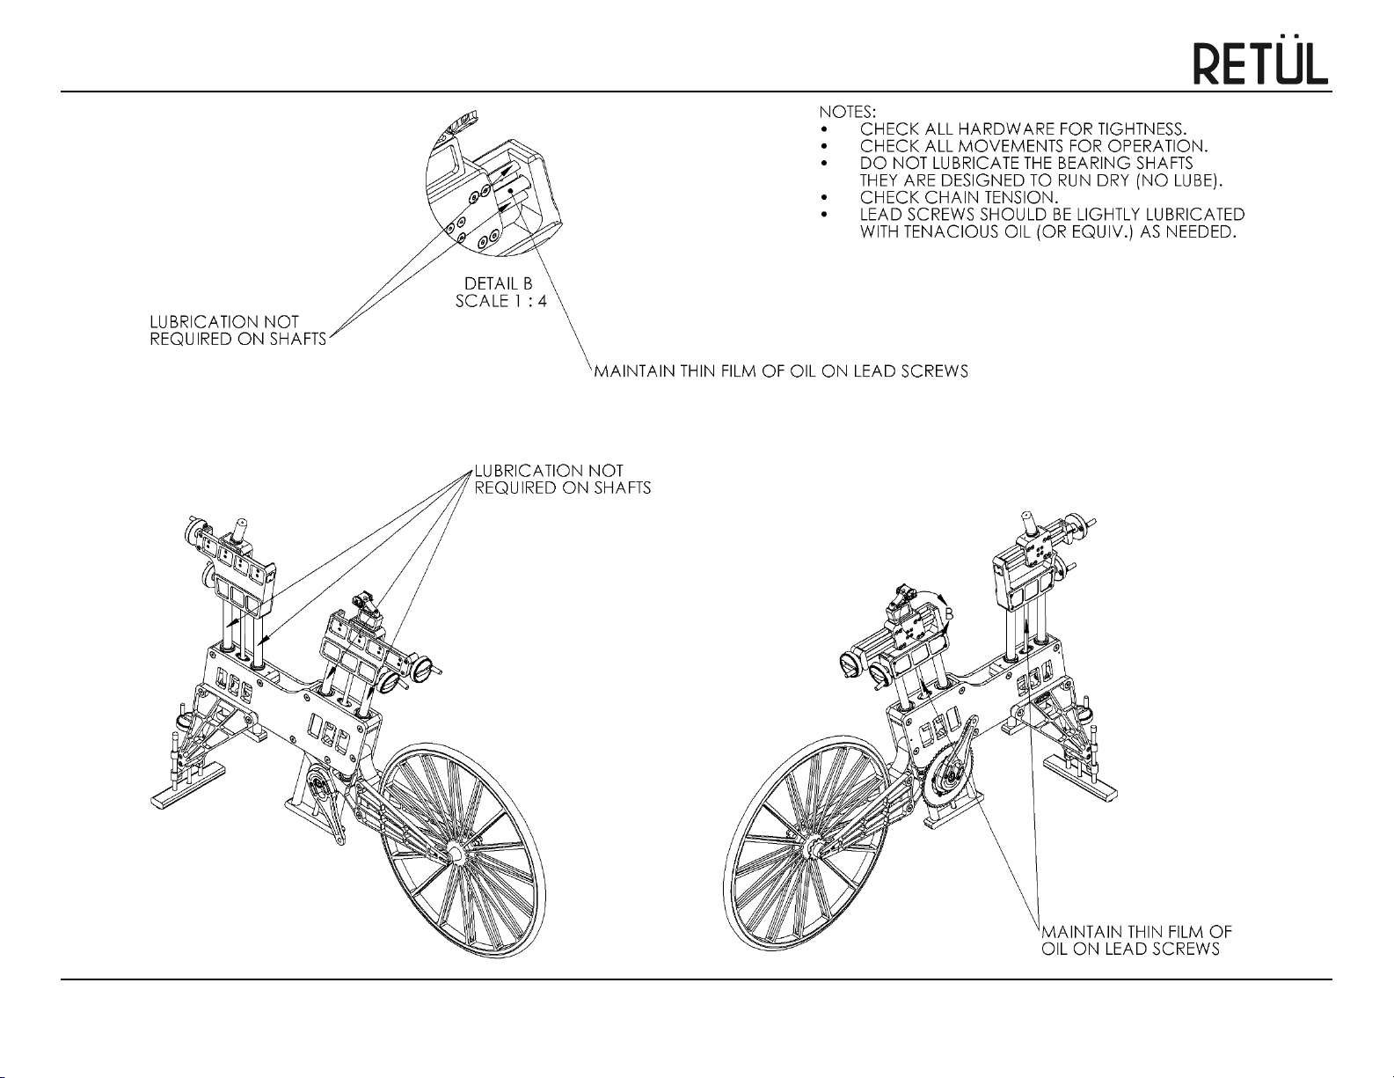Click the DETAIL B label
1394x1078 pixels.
pyautogui.click(x=499, y=284)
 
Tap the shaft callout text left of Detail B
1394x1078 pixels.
pyautogui.click(x=237, y=331)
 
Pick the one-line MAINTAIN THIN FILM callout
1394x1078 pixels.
pyautogui.click(x=781, y=371)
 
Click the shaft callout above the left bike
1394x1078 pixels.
pyautogui.click(x=562, y=480)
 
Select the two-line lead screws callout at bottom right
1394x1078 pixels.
pyautogui.click(x=1135, y=940)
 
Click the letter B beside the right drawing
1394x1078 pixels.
pyautogui.click(x=949, y=613)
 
